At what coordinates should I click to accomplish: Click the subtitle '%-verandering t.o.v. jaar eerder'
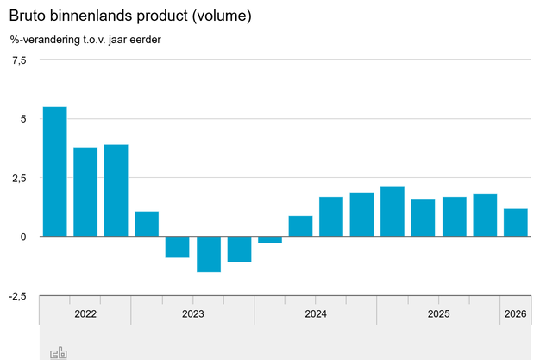(x=85, y=40)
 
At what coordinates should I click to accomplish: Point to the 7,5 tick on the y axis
(x=19, y=60)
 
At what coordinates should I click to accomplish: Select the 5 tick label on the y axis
(x=22, y=119)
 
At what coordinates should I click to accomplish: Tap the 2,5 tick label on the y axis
(x=19, y=178)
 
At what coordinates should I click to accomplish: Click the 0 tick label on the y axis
(x=23, y=237)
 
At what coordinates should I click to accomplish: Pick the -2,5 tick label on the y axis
(x=17, y=296)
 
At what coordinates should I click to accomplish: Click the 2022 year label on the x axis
(x=85, y=313)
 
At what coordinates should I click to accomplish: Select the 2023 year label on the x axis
(x=192, y=313)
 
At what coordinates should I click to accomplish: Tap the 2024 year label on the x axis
(x=316, y=313)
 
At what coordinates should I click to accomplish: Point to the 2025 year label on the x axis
(x=438, y=313)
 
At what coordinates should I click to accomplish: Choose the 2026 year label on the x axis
(x=515, y=313)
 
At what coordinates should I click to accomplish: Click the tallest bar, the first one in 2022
(x=55, y=172)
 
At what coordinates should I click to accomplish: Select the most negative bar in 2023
(x=208, y=254)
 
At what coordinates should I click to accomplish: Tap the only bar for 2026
(x=516, y=223)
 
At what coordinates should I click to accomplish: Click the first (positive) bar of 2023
(x=147, y=224)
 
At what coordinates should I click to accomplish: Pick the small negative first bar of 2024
(x=270, y=240)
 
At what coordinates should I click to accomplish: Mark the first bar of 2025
(x=392, y=212)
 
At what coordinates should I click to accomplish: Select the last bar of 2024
(x=361, y=214)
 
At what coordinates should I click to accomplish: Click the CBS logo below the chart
(x=59, y=352)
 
